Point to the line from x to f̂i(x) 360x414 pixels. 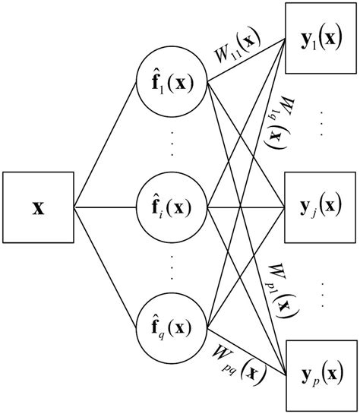(x=106, y=207)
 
